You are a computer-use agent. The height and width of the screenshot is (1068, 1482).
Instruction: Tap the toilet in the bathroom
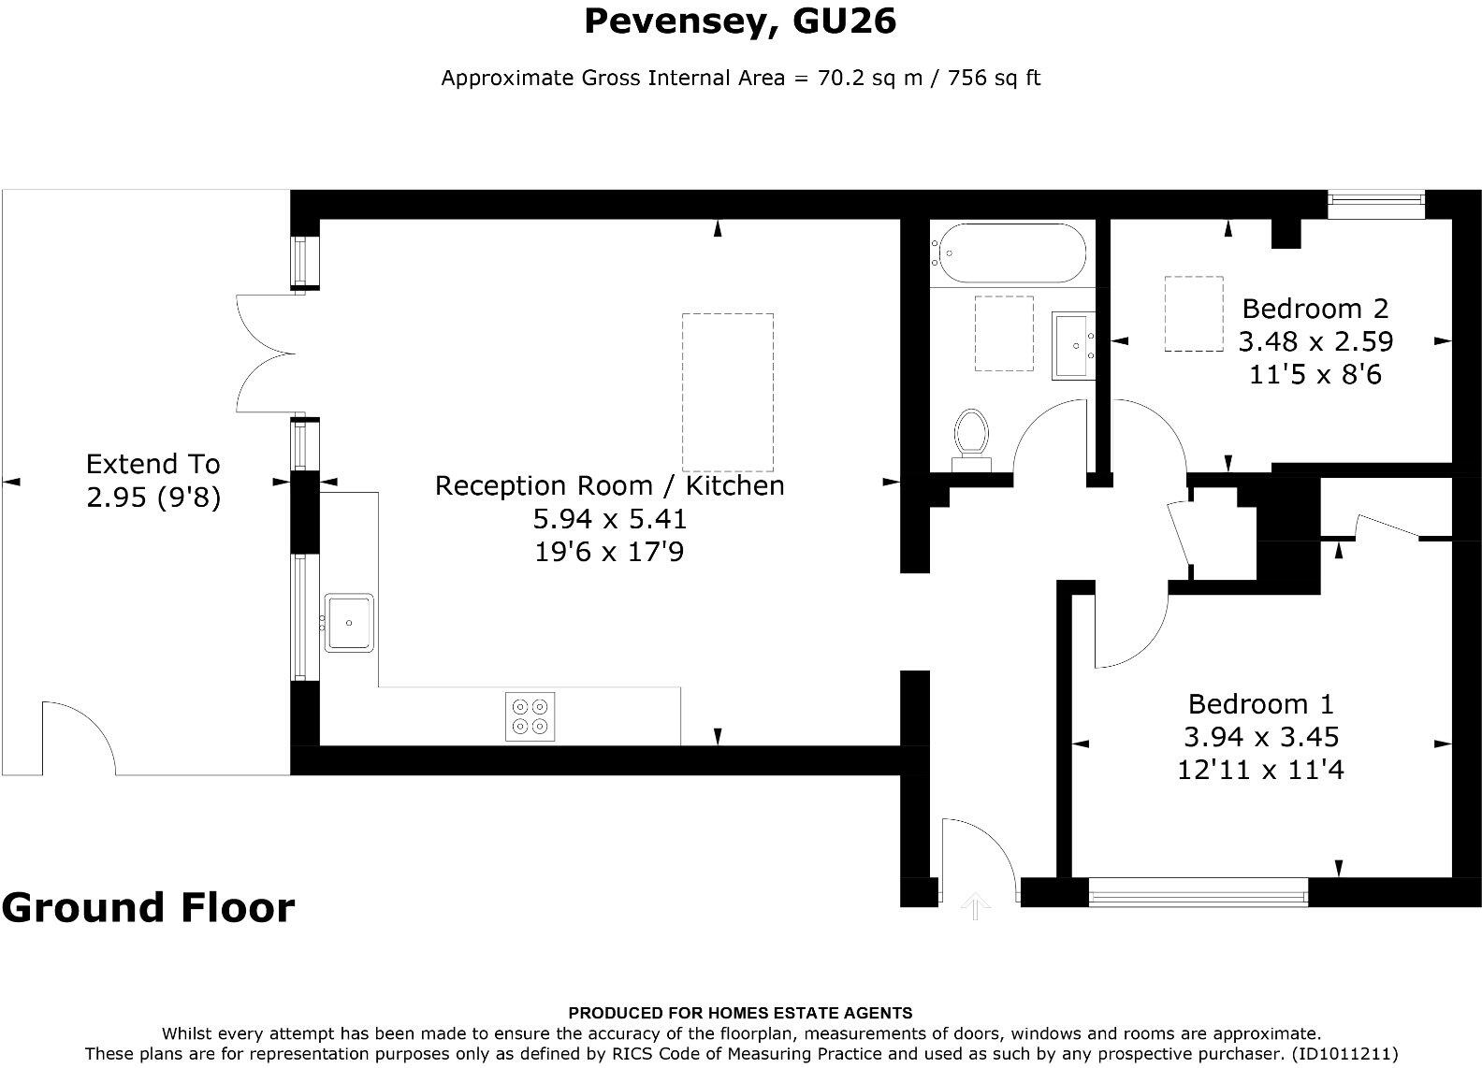971,437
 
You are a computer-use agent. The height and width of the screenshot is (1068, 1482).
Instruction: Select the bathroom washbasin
1072,345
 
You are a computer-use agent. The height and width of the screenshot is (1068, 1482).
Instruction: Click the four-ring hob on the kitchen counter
530,716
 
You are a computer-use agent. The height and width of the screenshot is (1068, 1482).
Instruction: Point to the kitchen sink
350,622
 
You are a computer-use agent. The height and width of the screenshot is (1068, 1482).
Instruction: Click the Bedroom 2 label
1315,309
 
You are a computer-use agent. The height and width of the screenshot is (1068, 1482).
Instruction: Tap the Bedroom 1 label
1260,703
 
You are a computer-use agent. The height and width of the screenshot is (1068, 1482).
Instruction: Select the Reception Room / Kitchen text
609,485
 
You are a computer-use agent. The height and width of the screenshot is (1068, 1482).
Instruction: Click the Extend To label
153,464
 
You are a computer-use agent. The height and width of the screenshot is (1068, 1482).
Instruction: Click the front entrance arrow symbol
975,904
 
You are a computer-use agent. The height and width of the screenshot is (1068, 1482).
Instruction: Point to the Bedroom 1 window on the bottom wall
1199,893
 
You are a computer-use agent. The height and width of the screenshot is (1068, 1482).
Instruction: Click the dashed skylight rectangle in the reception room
727,392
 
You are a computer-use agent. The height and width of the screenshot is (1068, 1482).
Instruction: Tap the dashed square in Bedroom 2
1193,313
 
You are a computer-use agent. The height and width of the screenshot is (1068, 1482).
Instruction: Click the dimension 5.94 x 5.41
609,518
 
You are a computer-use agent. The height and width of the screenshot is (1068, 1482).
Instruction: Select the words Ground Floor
148,907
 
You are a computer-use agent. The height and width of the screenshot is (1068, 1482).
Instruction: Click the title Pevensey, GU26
740,21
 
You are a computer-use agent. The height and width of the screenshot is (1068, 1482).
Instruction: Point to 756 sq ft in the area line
994,78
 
